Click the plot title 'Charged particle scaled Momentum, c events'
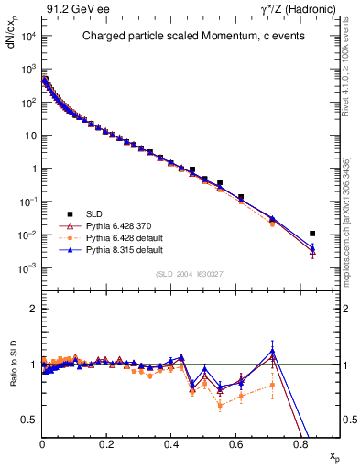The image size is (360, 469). point(184,38)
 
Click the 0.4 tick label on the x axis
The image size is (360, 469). point(171,442)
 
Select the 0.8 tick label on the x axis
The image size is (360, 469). point(300,442)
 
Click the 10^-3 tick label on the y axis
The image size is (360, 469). point(27,268)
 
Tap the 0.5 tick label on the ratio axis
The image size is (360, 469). point(29,420)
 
